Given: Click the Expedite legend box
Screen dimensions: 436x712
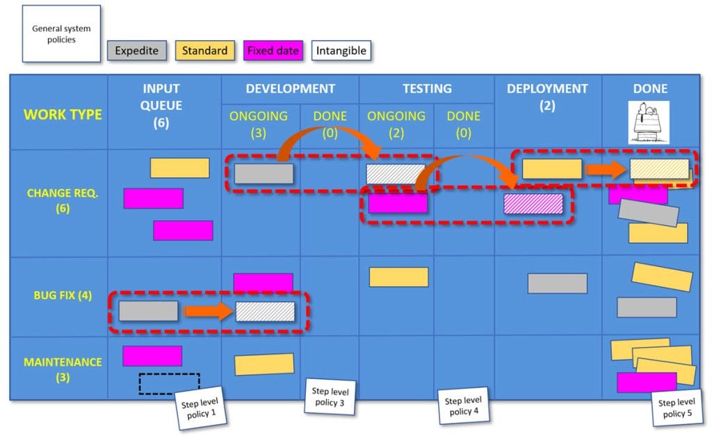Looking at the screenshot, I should tap(136, 51).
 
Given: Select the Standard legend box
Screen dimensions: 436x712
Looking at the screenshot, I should tap(204, 51).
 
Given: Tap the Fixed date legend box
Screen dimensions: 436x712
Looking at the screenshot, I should tap(273, 51).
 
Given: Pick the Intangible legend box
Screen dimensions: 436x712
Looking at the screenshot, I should tap(340, 51).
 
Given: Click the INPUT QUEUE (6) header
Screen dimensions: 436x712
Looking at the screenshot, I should tap(161, 106).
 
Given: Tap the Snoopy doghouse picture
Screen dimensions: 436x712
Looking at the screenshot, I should tap(648, 123).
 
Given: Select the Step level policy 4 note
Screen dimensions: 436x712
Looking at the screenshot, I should tap(463, 405).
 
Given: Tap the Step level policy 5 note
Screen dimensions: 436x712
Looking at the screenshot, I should tap(676, 407).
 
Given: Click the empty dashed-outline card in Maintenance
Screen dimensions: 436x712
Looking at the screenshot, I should tap(169, 383).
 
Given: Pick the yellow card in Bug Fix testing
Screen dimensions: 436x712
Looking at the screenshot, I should tap(398, 277).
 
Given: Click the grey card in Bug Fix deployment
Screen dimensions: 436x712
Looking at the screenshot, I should tap(557, 283).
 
